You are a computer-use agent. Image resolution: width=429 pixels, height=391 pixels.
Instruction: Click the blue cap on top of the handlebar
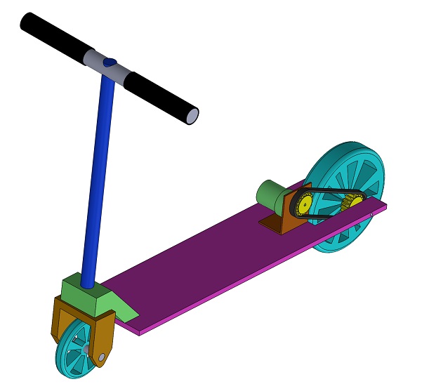click(x=107, y=62)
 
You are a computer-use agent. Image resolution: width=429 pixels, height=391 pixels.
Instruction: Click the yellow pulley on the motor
click(x=304, y=204)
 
